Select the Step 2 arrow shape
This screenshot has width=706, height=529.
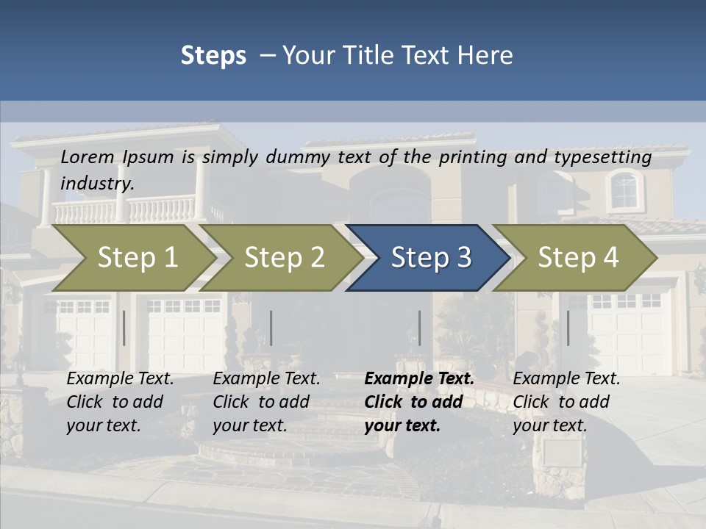[x=282, y=258]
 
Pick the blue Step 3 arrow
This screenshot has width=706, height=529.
[x=429, y=258]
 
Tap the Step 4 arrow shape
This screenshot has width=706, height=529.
[x=577, y=258]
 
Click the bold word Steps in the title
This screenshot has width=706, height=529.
[x=213, y=56]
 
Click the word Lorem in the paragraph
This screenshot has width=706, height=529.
[x=88, y=156]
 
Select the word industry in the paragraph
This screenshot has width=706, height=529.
[x=97, y=183]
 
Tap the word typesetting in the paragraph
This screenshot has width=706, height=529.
[x=602, y=157]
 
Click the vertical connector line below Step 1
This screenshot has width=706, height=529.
[x=124, y=328]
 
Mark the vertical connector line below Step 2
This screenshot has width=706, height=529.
[x=271, y=328]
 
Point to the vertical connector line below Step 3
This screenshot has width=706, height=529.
[x=420, y=328]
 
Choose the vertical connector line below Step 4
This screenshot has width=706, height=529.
[x=568, y=328]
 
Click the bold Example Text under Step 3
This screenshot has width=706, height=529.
[x=419, y=378]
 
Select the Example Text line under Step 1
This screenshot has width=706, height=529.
[x=120, y=378]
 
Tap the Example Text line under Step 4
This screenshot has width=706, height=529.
[x=566, y=378]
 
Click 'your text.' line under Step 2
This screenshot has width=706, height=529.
[x=250, y=425]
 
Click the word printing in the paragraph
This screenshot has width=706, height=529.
[x=472, y=157]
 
